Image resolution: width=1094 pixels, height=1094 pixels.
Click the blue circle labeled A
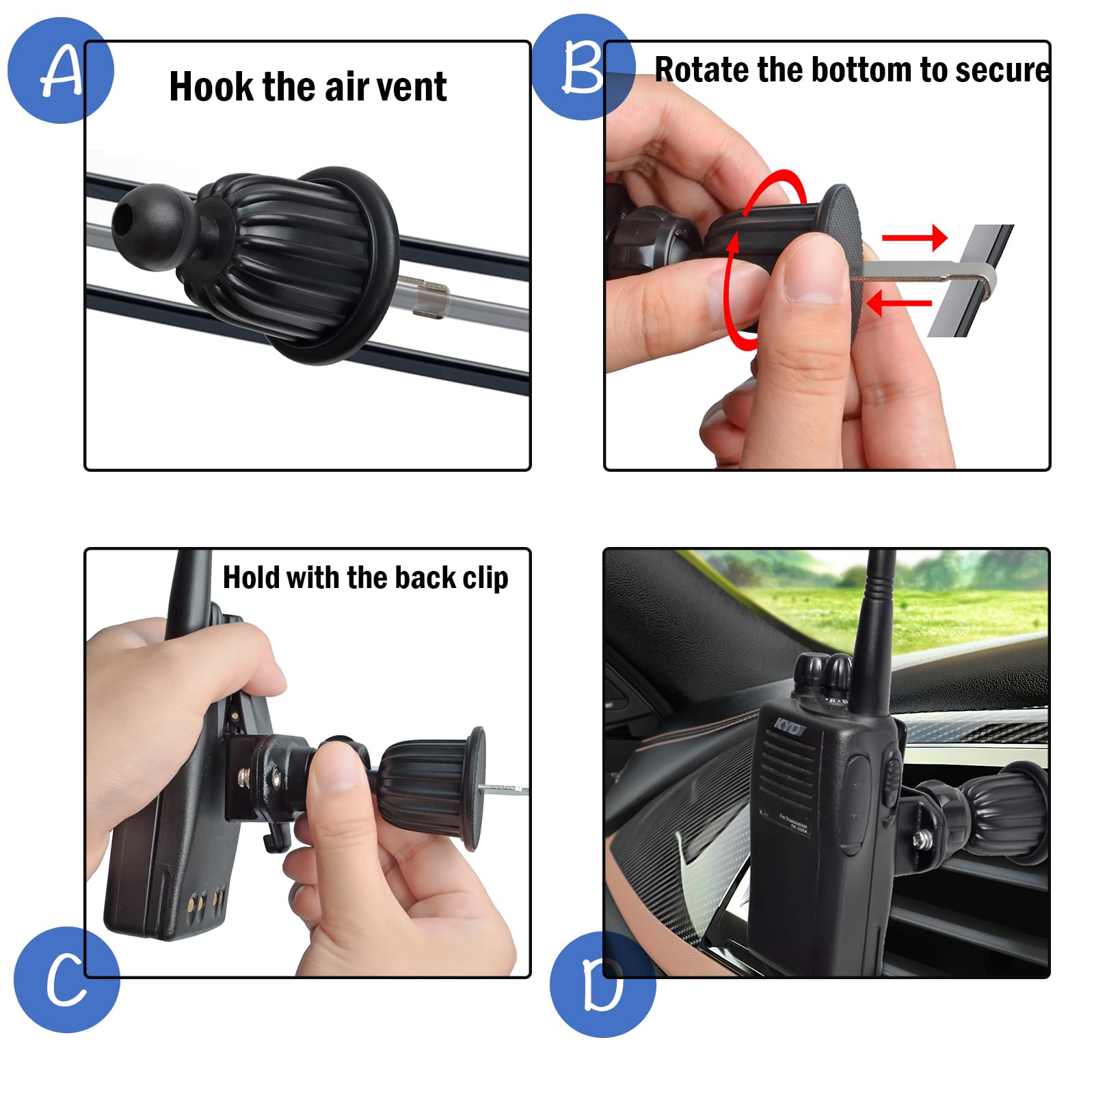click(x=60, y=70)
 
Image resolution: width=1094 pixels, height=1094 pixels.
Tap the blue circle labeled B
click(x=583, y=67)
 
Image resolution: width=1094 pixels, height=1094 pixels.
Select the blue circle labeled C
click(x=66, y=979)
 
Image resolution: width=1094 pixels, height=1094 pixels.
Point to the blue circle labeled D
click(x=602, y=985)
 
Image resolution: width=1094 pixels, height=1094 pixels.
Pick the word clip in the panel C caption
click(x=485, y=578)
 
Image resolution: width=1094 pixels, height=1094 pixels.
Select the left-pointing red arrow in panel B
click(x=899, y=302)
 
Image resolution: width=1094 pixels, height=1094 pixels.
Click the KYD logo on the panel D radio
click(x=788, y=727)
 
